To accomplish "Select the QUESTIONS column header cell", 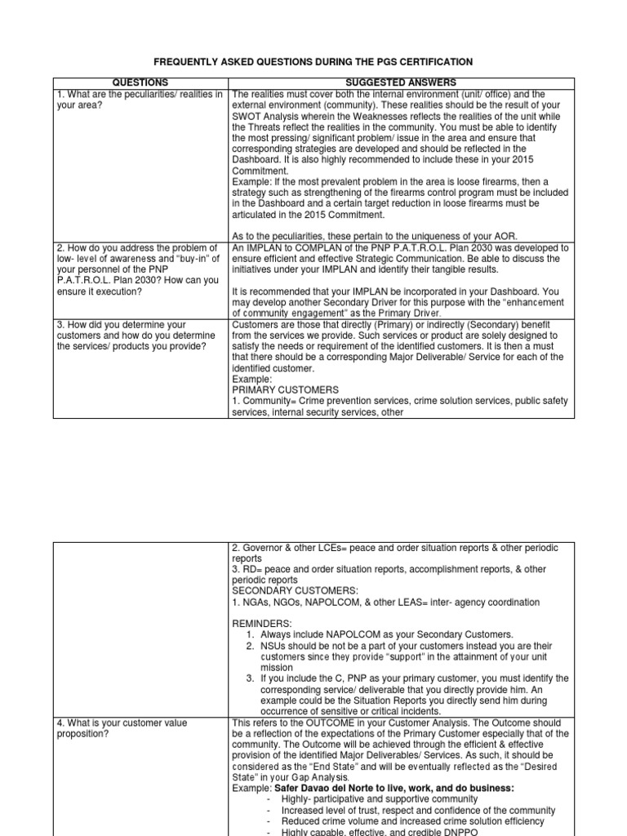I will (x=140, y=82).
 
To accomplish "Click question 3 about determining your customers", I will (x=139, y=336).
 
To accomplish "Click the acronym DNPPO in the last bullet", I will (x=443, y=831).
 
